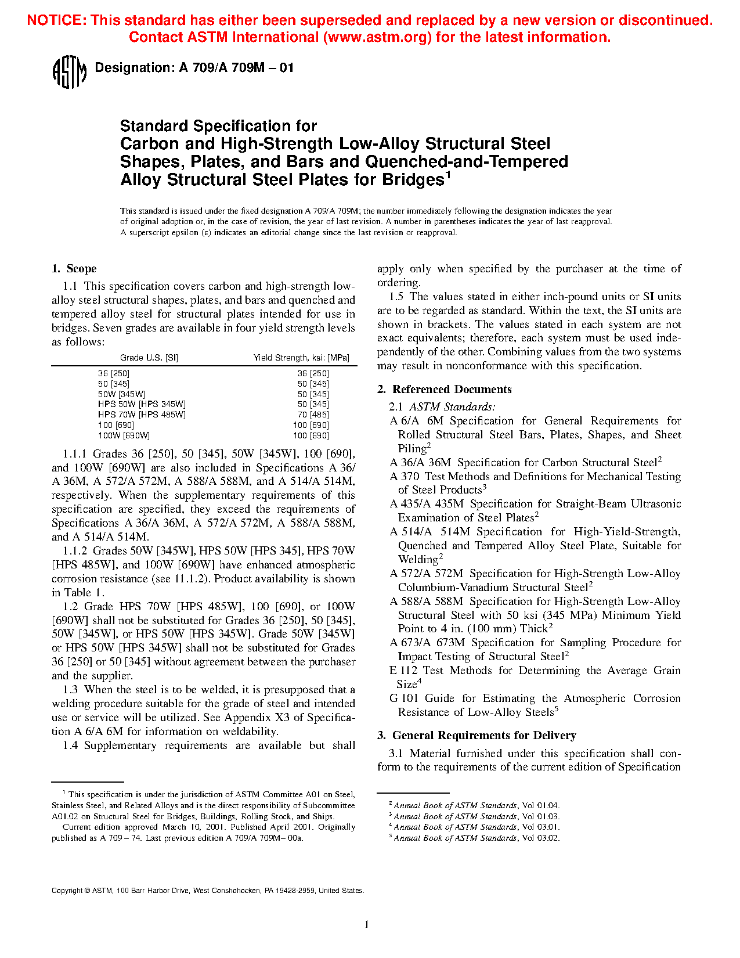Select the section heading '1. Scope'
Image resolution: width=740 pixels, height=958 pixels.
coord(74,269)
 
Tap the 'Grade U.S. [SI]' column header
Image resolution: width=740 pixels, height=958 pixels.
coord(149,358)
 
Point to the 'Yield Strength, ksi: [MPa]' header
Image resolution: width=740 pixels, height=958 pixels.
coord(301,358)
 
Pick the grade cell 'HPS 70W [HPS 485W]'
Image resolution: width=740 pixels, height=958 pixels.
coord(142,415)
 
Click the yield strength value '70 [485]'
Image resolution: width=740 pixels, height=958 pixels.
coord(313,415)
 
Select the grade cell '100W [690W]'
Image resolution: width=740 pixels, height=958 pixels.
coord(124,435)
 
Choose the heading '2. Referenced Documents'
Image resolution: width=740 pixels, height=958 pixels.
coord(445,390)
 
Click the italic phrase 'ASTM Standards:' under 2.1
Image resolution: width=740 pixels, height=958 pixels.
coord(452,407)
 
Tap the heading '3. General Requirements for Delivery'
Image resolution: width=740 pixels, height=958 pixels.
coord(477,736)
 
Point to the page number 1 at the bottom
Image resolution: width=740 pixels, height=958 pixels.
coord(366,924)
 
